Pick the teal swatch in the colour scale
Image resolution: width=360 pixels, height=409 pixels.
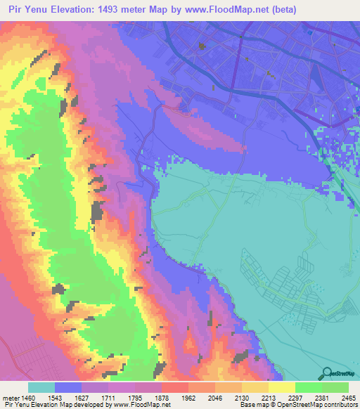[x=41, y=387]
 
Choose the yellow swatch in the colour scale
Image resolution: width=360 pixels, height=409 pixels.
[x=281, y=387]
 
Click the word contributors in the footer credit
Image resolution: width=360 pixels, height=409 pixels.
[x=341, y=404]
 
